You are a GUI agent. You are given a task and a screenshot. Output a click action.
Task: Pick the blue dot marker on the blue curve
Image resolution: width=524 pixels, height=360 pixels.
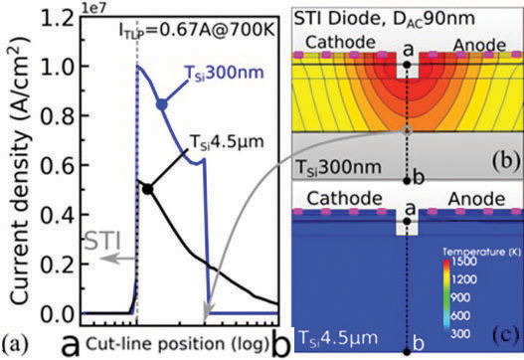161,103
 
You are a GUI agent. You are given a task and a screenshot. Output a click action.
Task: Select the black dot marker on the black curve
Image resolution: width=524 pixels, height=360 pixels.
147,188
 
